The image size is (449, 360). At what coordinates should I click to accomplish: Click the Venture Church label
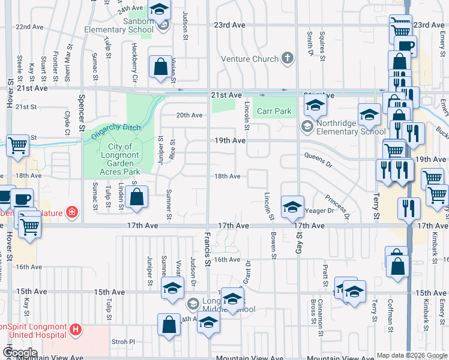[250, 59]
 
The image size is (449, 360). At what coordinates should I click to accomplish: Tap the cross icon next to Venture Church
[288, 58]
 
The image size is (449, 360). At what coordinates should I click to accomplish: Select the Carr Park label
[274, 111]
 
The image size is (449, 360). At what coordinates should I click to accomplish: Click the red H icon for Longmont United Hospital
[76, 329]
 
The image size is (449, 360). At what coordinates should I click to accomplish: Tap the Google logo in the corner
[19, 353]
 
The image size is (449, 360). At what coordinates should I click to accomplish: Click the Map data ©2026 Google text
[412, 355]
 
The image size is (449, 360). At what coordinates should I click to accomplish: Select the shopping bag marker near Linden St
[137, 197]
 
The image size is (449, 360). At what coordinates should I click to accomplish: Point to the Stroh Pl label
[124, 342]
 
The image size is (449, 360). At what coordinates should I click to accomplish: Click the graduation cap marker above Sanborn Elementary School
[159, 10]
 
